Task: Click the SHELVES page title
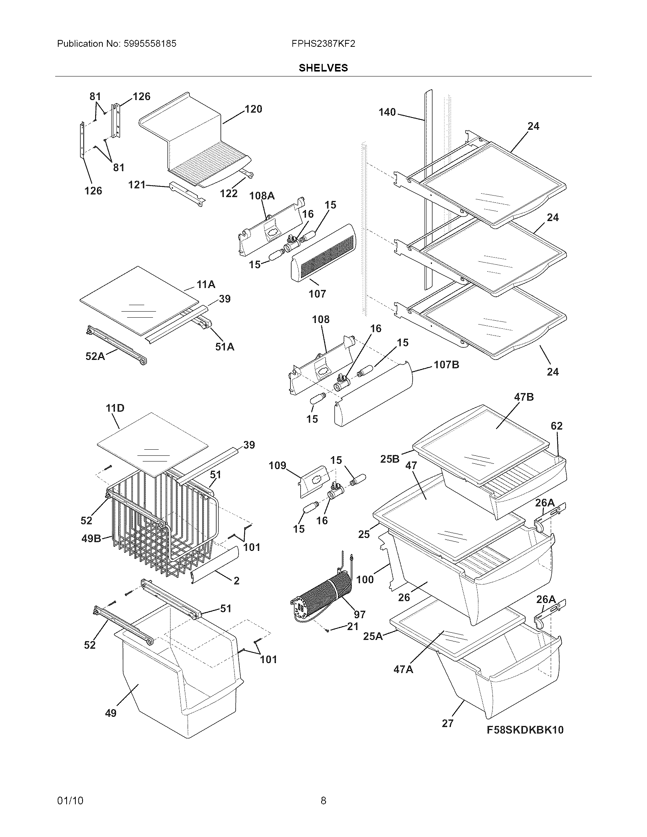click(323, 68)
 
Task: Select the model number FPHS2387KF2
click(323, 44)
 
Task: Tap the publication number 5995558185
click(150, 44)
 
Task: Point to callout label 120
click(253, 109)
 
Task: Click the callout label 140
click(387, 112)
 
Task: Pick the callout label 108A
click(262, 196)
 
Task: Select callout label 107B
click(446, 364)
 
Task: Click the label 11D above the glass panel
click(115, 408)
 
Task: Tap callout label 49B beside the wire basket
click(91, 538)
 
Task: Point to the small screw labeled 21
click(328, 630)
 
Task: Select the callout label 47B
click(524, 397)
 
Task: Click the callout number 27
click(448, 723)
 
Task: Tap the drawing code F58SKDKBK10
click(525, 730)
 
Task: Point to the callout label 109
click(277, 466)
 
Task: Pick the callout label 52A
click(95, 356)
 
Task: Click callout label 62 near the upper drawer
click(556, 426)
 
